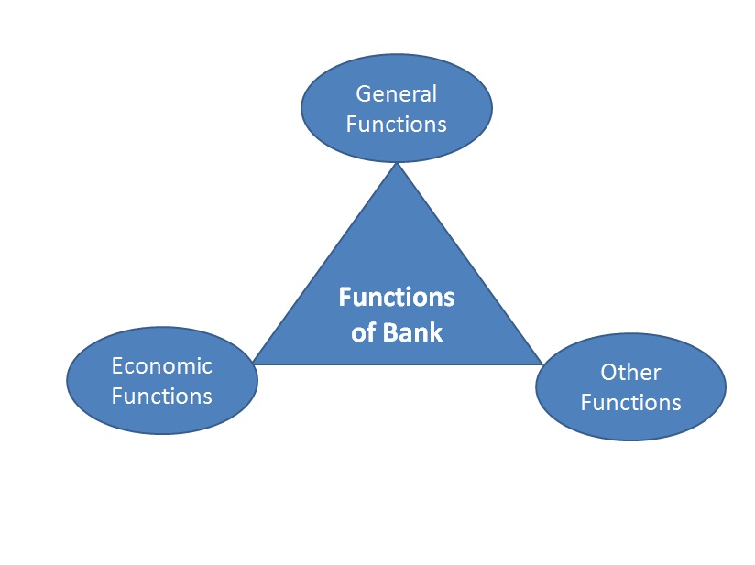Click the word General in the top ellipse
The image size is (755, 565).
[x=397, y=93]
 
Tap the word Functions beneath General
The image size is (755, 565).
[x=397, y=124]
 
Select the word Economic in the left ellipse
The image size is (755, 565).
[x=161, y=366]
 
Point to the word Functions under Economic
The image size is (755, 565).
[x=161, y=397]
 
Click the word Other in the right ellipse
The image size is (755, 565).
[x=630, y=372]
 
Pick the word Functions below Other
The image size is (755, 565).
[x=630, y=402]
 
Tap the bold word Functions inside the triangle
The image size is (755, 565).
[x=397, y=298]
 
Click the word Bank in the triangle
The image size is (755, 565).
[x=412, y=331]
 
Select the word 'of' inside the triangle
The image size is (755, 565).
[x=363, y=331]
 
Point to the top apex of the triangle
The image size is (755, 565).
[x=397, y=166]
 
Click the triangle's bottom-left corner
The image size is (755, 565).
[x=256, y=363]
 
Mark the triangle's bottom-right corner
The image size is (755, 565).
[x=541, y=363]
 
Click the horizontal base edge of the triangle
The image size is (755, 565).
[x=397, y=364]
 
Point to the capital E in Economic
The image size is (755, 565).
[x=117, y=366]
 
